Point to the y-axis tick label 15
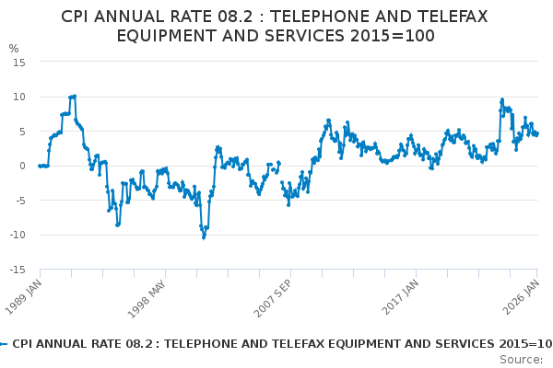coord(18,62)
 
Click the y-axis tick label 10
coord(18,97)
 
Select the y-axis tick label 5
coord(21,132)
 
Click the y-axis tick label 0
coord(21,166)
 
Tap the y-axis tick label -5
coord(19,201)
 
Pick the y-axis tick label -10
coord(17,235)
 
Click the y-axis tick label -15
coord(17,270)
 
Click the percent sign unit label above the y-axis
coord(13,49)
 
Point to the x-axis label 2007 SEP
coord(273,295)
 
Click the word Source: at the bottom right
coord(522,359)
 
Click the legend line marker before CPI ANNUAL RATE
coord(4,344)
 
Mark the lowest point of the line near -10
coord(204,237)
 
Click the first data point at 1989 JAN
coord(40,166)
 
